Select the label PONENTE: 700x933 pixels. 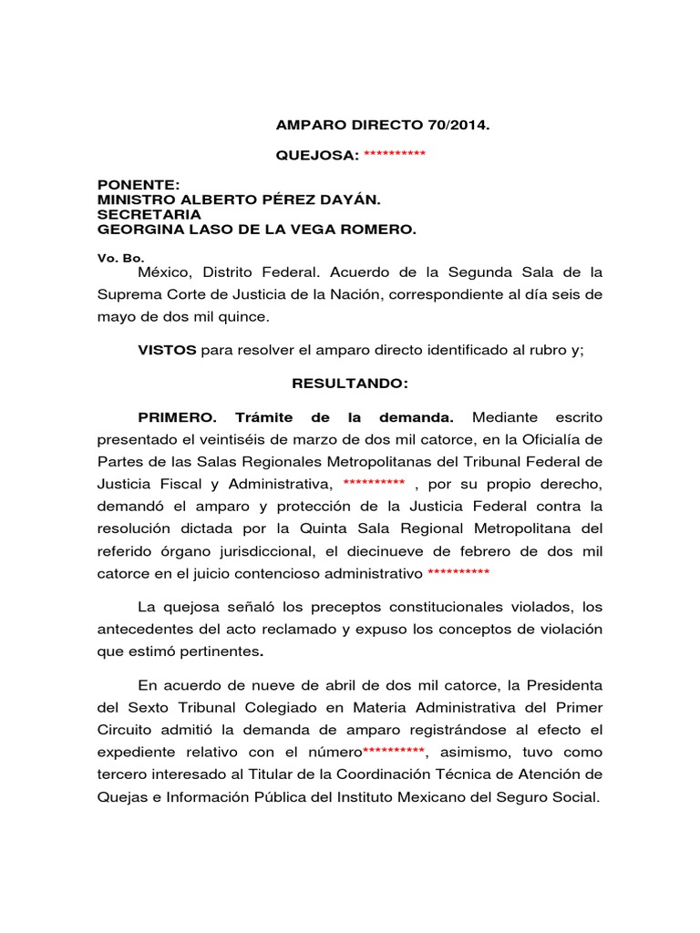click(x=132, y=185)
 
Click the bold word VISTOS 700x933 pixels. click(x=167, y=350)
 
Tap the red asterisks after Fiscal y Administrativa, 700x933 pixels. click(x=374, y=483)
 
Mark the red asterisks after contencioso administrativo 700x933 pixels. click(x=458, y=573)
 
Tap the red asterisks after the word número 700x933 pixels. click(x=394, y=752)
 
